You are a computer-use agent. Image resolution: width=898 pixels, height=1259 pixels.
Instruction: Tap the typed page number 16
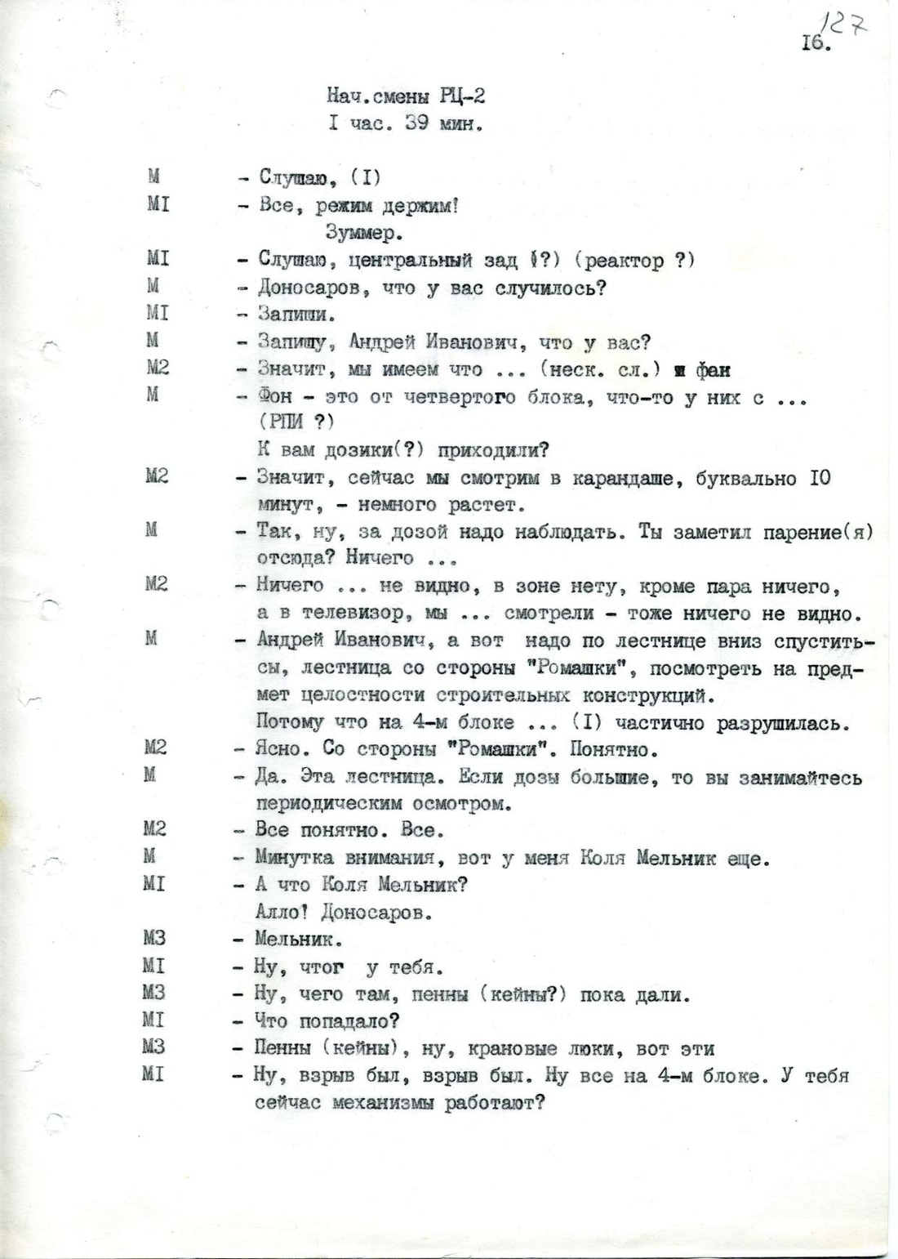(816, 42)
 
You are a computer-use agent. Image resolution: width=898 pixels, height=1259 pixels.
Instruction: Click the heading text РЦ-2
(463, 96)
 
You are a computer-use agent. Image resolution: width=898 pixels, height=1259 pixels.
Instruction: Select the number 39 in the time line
(416, 124)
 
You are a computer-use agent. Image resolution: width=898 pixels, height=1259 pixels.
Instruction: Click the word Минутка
(294, 858)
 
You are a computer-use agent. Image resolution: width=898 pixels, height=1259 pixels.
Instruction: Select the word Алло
(277, 912)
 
